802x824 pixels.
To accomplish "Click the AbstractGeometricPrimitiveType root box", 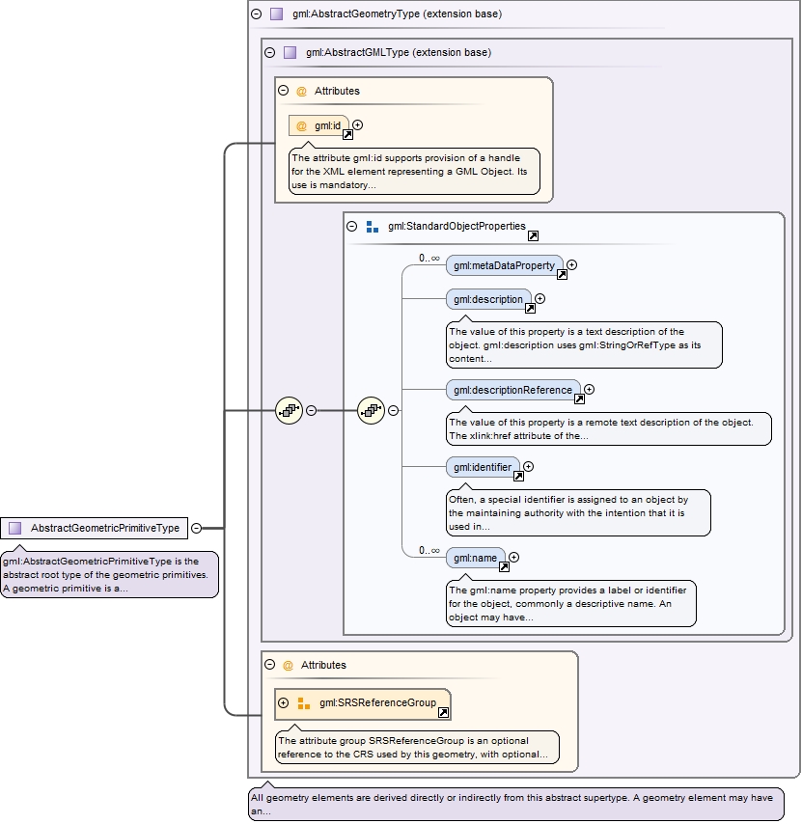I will coord(95,528).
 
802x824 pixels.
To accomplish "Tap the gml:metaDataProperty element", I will coord(504,265).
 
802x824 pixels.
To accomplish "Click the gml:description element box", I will coord(488,299).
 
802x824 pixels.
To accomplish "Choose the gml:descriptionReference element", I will coord(513,390).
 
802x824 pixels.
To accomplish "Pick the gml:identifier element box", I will coord(483,467).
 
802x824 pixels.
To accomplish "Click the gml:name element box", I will coord(476,558).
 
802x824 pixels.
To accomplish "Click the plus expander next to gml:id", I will coord(358,124).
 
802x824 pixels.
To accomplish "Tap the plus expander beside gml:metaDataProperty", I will coord(572,264).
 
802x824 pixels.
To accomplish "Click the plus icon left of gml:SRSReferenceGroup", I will coord(284,702).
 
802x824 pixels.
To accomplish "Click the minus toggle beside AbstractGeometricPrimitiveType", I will coord(197,528).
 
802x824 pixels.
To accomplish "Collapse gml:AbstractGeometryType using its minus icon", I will coord(256,14).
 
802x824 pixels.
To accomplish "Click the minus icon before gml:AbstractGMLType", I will coord(269,52).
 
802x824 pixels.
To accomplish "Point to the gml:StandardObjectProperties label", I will coord(456,226).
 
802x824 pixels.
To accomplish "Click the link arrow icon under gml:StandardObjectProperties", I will coord(533,235).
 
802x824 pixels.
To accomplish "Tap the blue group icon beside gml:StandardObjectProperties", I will coord(372,227).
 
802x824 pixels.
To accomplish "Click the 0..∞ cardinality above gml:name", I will coord(429,550).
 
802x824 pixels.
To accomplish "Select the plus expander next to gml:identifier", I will coord(528,467).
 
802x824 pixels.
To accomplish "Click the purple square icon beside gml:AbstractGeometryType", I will coord(277,14).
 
